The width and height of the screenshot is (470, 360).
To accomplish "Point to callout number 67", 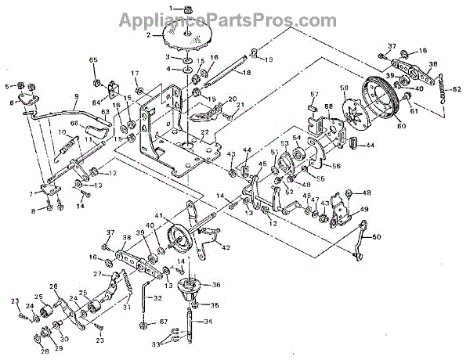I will [164, 322].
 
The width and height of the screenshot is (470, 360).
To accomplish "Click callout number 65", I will [93, 60].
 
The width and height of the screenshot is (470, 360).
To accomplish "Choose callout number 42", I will [226, 248].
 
